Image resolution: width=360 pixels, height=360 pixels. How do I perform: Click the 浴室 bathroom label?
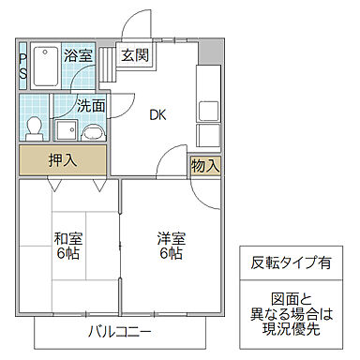pos(78,55)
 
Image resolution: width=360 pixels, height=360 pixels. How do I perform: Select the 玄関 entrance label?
pos(131,55)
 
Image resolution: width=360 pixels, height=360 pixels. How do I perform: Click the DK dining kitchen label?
pos(157,114)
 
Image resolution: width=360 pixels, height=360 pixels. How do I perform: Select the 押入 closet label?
pos(63,160)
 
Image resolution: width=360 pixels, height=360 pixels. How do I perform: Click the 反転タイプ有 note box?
pos(290,263)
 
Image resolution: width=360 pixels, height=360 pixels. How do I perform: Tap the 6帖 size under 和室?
pos(67,255)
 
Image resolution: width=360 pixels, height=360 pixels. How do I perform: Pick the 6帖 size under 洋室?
pos(170,255)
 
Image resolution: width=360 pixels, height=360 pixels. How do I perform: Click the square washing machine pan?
pos(66,130)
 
